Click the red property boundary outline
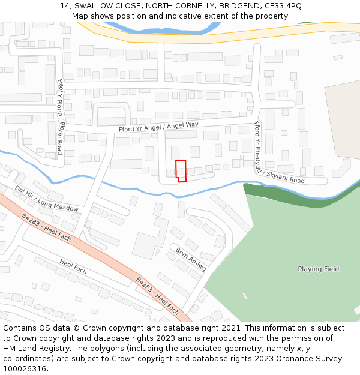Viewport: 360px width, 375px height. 181,170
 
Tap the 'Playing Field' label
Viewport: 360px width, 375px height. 318,269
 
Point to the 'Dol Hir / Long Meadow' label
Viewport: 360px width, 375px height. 47,199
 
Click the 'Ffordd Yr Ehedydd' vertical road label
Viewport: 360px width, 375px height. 257,145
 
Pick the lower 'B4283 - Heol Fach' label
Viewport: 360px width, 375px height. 157,296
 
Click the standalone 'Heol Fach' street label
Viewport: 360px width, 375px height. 73,267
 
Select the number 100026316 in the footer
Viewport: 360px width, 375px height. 25,368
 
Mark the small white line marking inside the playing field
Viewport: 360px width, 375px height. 245,295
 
